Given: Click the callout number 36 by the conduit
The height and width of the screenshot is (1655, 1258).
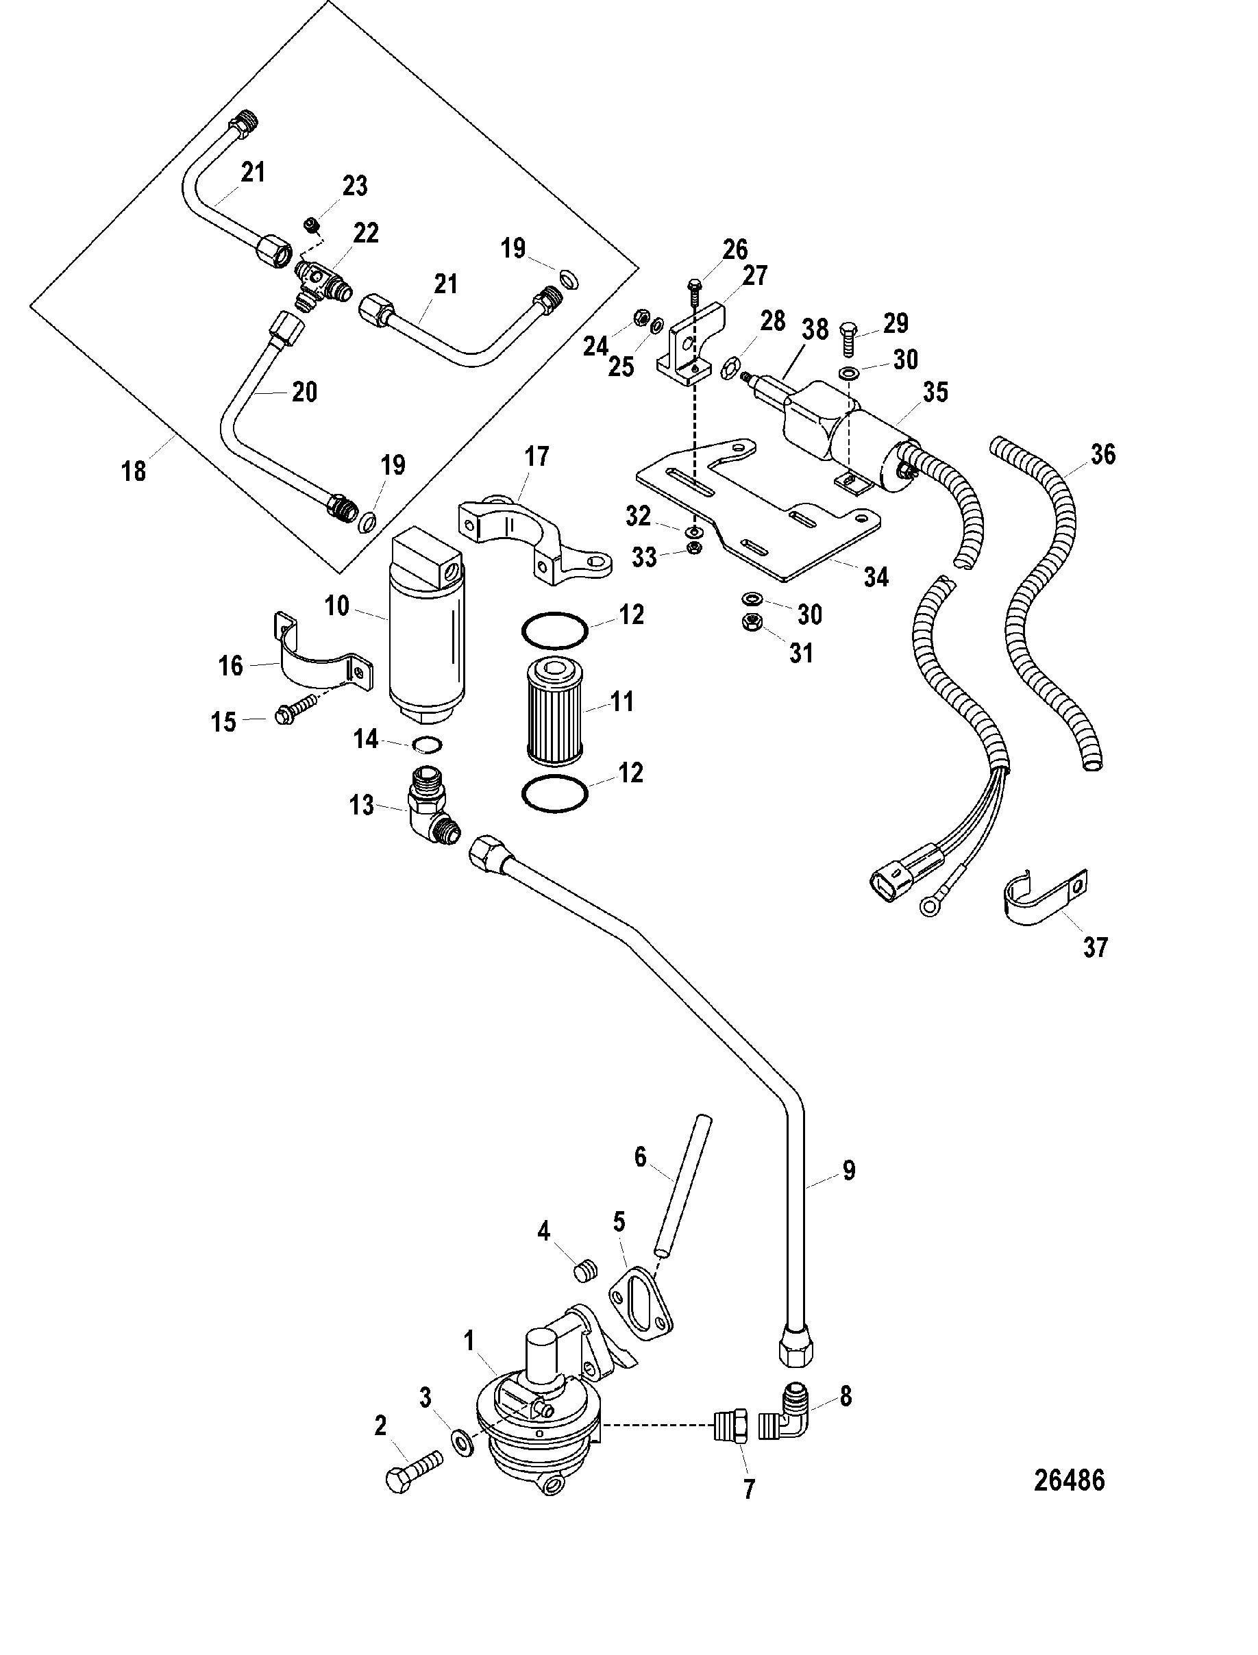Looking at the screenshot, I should [1103, 454].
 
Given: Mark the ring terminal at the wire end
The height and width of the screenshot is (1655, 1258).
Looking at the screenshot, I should [930, 906].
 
